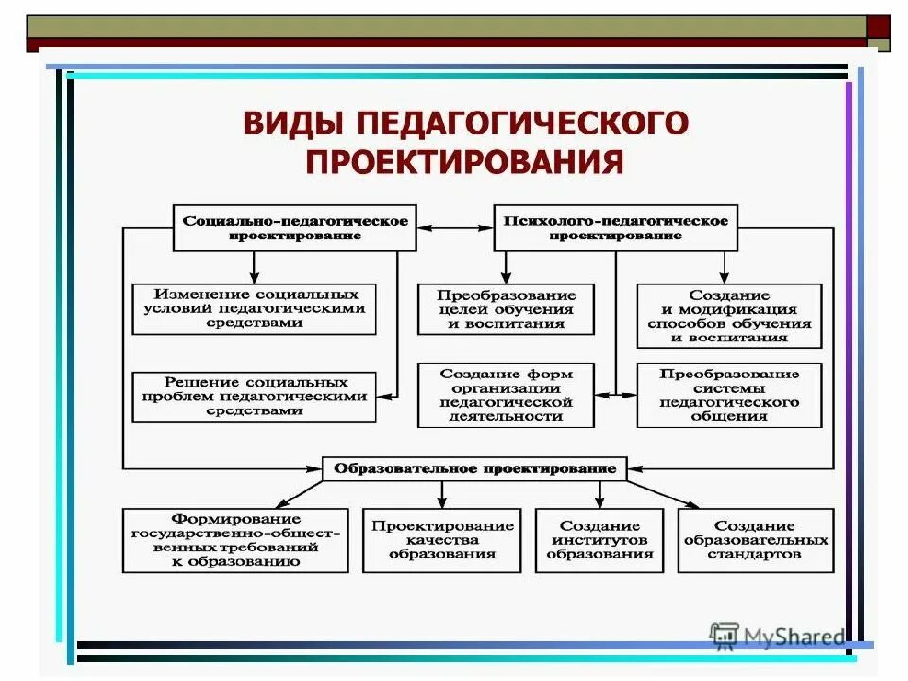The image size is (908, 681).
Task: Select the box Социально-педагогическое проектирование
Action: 295,227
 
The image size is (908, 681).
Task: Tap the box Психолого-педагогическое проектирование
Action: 616,227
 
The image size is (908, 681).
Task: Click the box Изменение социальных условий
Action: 253,308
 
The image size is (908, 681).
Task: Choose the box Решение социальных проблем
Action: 253,396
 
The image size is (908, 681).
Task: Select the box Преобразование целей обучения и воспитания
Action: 506,308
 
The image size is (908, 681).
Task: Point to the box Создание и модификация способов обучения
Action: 729,316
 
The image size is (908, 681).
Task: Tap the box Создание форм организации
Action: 506,394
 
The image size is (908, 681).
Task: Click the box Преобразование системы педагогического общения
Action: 729,394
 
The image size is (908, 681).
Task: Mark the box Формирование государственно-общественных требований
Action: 236,540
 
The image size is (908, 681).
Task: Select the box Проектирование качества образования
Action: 442,540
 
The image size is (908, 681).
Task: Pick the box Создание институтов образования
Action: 600,540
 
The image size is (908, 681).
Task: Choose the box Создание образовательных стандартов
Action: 756,540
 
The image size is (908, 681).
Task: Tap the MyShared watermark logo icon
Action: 725,636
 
